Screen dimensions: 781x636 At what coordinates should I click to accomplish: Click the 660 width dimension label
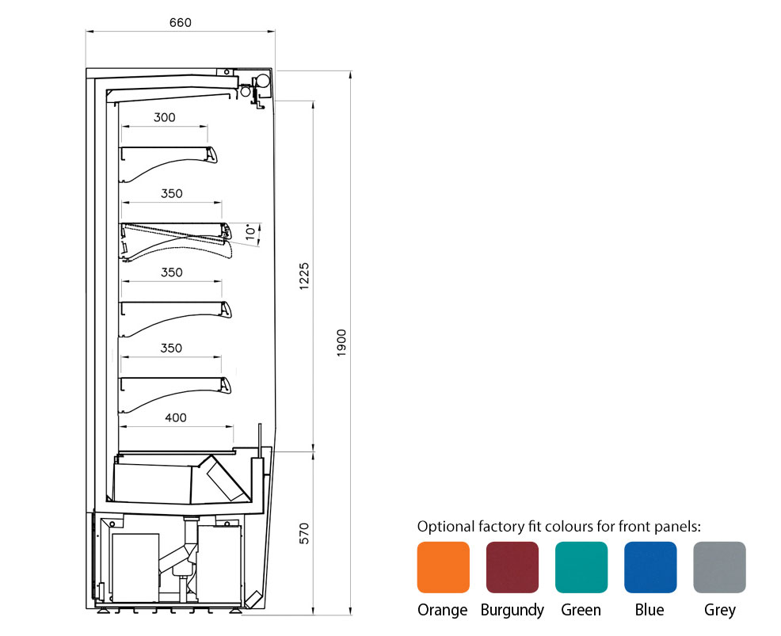(180, 22)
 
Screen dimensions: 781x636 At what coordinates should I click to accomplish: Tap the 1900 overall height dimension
(341, 343)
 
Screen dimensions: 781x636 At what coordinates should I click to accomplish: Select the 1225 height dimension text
(304, 276)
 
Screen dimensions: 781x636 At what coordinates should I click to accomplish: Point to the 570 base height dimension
(304, 533)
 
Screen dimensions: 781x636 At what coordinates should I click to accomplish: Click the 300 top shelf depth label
(165, 117)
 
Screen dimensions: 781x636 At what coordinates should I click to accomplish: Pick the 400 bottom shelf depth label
(176, 417)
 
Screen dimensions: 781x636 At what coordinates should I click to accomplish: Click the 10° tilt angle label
(252, 231)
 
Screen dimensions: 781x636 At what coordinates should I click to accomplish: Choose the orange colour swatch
(444, 567)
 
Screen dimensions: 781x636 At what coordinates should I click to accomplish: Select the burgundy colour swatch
(512, 567)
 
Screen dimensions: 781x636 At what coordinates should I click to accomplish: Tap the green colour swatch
(581, 567)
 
